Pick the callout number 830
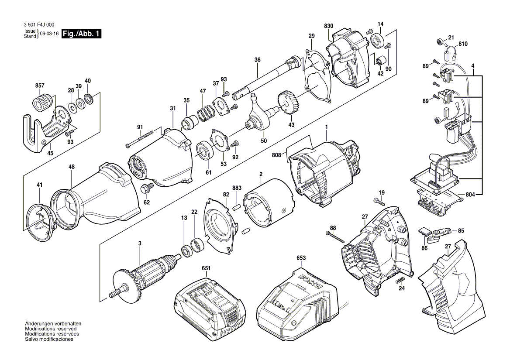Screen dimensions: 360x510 click(328, 26)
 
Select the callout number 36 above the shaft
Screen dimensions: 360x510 click(257, 60)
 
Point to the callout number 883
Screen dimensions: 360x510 click(237, 188)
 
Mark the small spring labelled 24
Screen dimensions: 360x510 click(400, 280)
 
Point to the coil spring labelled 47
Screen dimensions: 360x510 click(204, 113)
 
